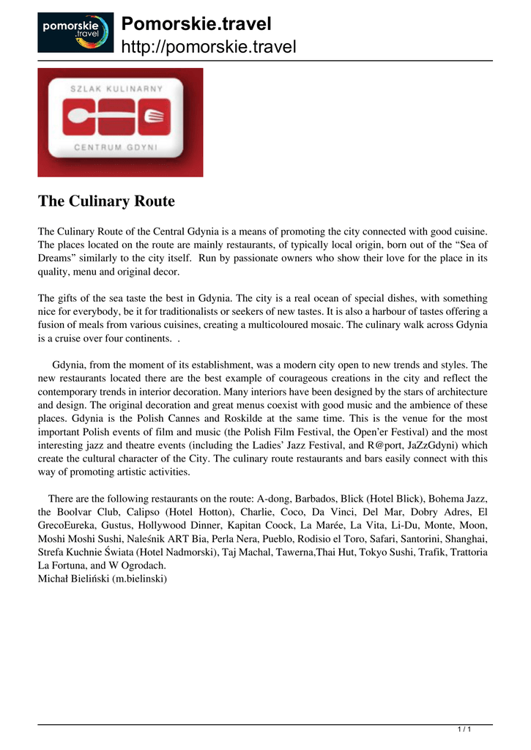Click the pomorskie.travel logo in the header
tap(75, 32)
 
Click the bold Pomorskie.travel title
tap(196, 24)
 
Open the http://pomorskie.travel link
tap(208, 48)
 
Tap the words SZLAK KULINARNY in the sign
tap(121, 88)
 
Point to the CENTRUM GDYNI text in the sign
tap(120, 146)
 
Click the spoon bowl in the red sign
tap(73, 117)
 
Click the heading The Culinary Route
tap(106, 201)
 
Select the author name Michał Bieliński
tap(69, 578)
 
